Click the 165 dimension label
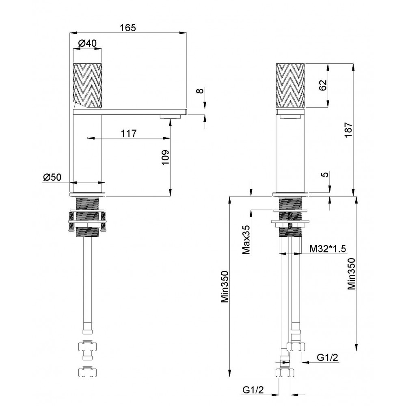[128, 28]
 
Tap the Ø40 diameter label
[87, 43]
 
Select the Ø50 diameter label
[52, 177]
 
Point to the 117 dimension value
[129, 134]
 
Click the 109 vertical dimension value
[165, 158]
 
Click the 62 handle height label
[323, 85]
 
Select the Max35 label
[246, 240]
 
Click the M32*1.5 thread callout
[328, 249]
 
